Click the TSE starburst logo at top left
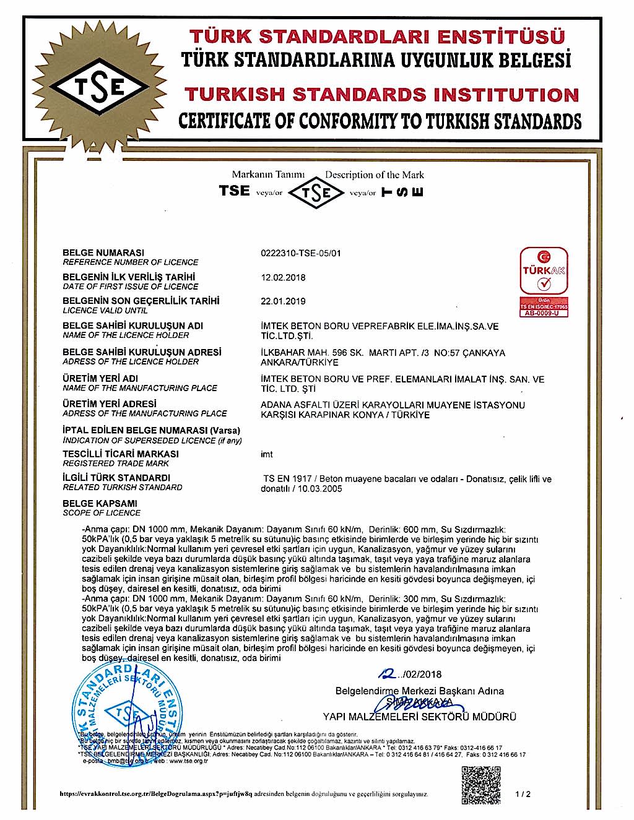[99, 87]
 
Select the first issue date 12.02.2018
[283, 277]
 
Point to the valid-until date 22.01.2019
[283, 301]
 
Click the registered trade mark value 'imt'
[267, 454]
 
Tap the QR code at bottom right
[481, 785]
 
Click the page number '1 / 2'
[523, 794]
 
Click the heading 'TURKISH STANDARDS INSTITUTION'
[381, 95]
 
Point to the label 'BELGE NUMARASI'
[103, 252]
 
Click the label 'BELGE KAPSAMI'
[100, 503]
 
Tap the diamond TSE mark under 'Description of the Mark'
[316, 193]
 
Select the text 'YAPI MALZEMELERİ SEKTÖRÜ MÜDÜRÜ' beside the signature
[419, 717]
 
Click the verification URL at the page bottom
[244, 794]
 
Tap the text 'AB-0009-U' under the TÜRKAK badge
[543, 313]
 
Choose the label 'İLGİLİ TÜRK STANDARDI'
[116, 478]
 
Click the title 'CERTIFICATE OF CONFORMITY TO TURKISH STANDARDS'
[380, 121]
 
